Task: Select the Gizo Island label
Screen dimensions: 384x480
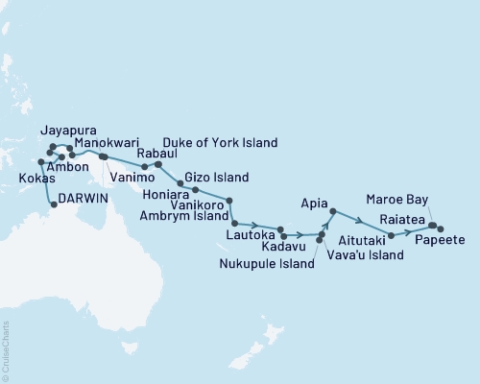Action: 216,178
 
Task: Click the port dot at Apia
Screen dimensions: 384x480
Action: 331,210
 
